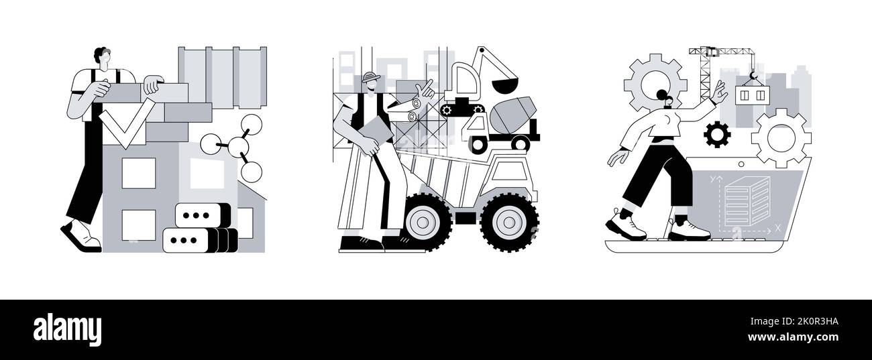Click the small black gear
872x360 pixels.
(717, 134)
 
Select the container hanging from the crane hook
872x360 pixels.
(751, 95)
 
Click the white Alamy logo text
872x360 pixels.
(67, 329)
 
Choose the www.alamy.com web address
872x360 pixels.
(793, 337)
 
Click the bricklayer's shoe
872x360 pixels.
(81, 235)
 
